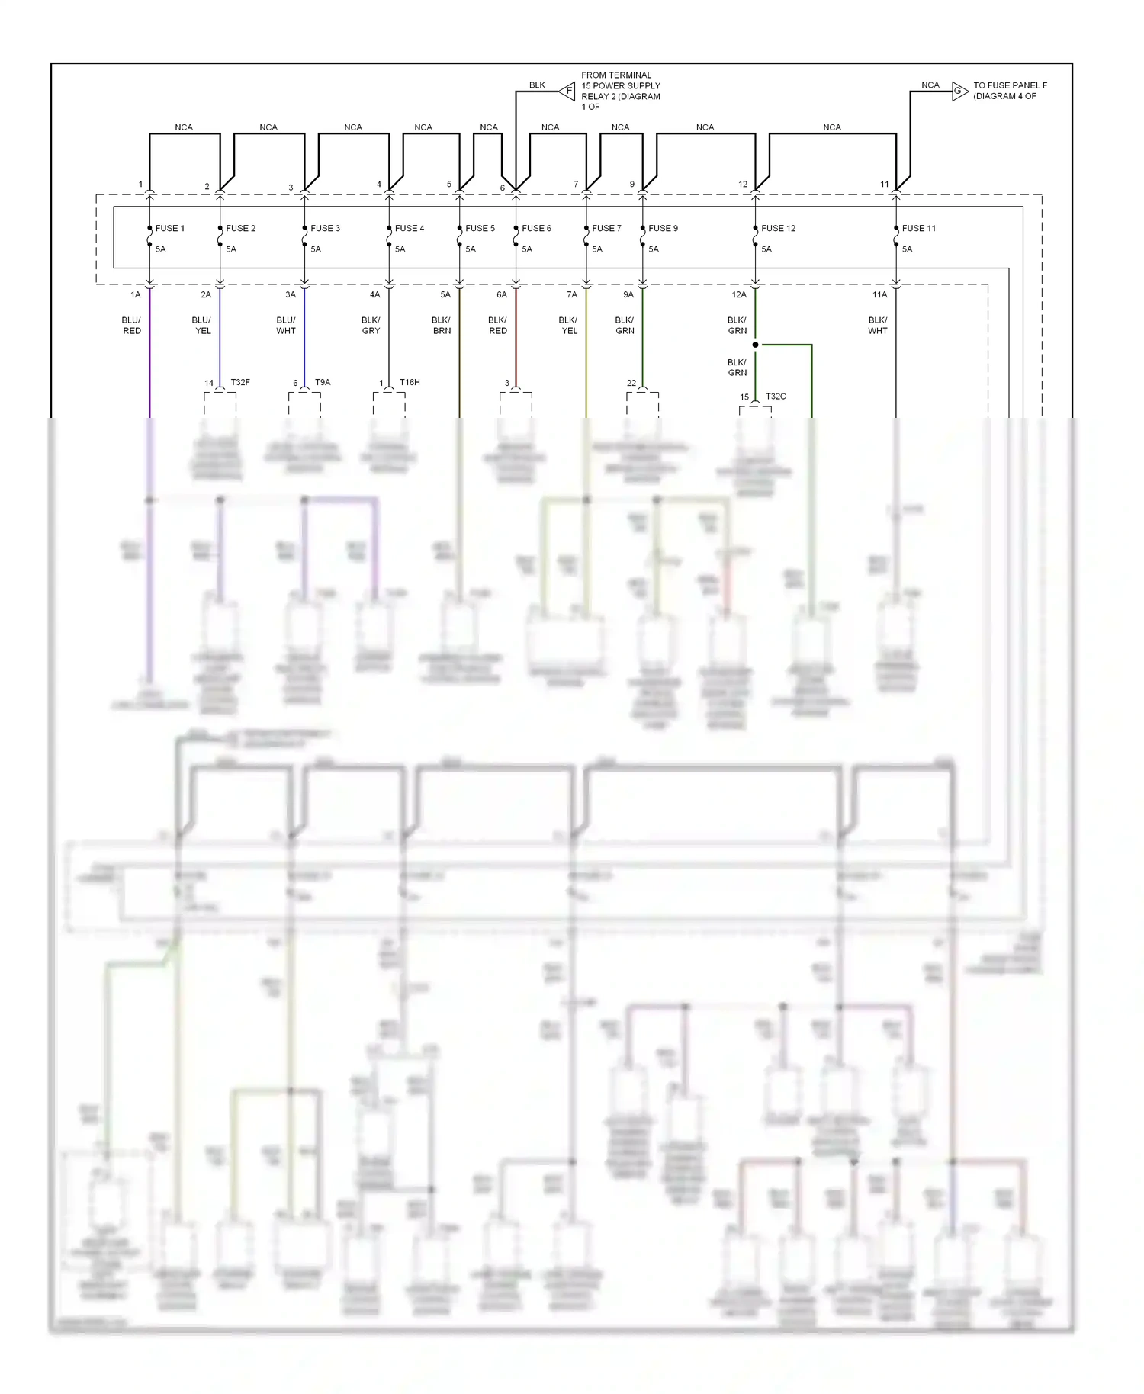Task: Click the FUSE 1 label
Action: (x=169, y=228)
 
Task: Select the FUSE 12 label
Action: (x=778, y=228)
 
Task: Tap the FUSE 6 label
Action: (x=536, y=228)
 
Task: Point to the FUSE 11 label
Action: (x=918, y=228)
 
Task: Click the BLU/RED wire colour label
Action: (x=132, y=326)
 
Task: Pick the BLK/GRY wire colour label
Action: (x=371, y=326)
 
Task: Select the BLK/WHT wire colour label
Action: (x=878, y=326)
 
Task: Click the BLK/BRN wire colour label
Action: (x=442, y=326)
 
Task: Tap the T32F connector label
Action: (x=240, y=382)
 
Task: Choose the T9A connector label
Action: (x=323, y=382)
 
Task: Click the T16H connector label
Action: (x=410, y=382)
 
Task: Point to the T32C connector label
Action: (x=776, y=397)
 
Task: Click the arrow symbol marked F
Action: (x=567, y=91)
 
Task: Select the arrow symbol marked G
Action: (x=959, y=92)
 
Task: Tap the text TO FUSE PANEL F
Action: (x=1010, y=85)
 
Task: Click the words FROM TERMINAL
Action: (x=616, y=75)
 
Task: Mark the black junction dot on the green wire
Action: (x=755, y=345)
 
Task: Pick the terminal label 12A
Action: (x=739, y=294)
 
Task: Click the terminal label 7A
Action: (x=572, y=294)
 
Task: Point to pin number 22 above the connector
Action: (x=631, y=383)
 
